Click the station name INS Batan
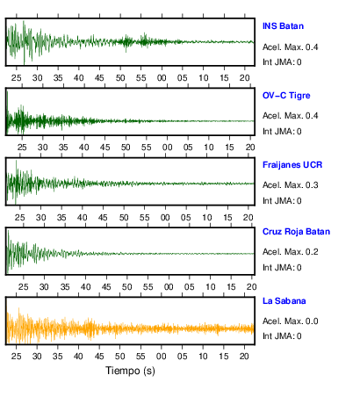[x=283, y=26]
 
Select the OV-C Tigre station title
[x=286, y=96]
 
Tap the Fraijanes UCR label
[x=292, y=165]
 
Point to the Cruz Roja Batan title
[x=296, y=232]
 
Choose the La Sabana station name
[x=284, y=301]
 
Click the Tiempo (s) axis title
[x=130, y=371]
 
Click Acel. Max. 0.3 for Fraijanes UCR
[x=291, y=185]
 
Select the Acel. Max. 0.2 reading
[x=291, y=252]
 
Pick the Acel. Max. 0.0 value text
[x=291, y=321]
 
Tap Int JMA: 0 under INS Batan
[x=282, y=62]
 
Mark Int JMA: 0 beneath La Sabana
[x=282, y=335]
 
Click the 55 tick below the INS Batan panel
[x=140, y=78]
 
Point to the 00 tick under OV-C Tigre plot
[x=167, y=148]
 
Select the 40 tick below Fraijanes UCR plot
[x=83, y=218]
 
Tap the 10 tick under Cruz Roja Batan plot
[x=210, y=286]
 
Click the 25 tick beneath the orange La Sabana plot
[x=17, y=356]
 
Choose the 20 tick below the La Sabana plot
[x=244, y=356]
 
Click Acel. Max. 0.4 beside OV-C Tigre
[x=291, y=116]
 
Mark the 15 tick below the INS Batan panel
[x=224, y=78]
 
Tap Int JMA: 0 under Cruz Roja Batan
[x=282, y=268]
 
